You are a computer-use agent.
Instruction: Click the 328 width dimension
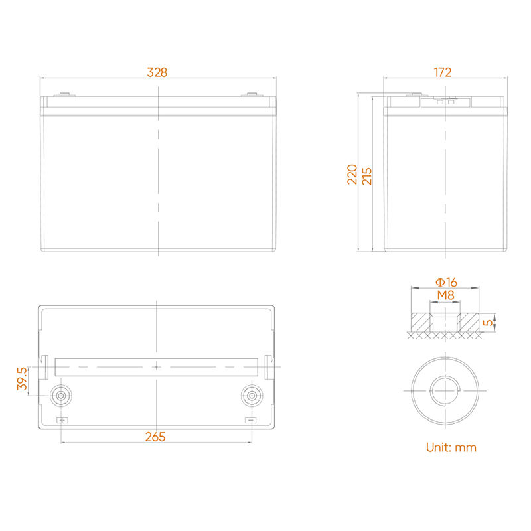157,72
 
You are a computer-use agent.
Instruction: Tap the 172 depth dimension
443,72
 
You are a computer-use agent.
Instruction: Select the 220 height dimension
352,174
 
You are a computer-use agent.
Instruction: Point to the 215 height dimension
367,176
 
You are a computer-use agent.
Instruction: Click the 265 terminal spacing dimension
155,437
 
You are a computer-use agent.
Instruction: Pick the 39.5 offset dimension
22,378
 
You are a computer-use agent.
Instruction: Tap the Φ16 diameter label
446,282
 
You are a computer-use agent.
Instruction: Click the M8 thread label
445,295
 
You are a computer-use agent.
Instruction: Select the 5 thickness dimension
488,323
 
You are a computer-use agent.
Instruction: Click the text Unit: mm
451,447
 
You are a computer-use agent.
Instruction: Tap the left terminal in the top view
61,396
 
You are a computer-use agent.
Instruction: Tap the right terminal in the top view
252,396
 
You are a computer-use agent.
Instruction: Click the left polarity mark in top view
62,420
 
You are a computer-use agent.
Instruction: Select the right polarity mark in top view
251,420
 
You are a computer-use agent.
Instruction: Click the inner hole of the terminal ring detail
445,390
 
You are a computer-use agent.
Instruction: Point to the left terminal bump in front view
64,94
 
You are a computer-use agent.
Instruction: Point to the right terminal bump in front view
252,94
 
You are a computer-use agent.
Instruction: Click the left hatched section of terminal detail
420,323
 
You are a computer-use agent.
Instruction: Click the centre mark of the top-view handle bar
157,367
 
